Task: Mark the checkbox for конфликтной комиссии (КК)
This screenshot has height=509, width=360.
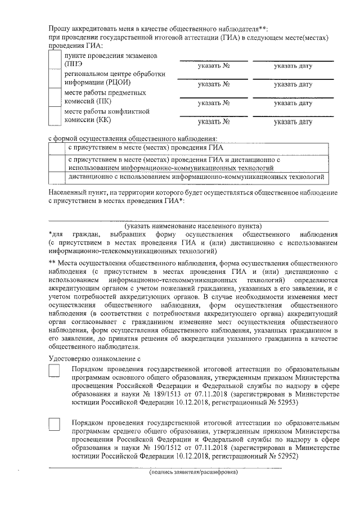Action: pyautogui.click(x=55, y=115)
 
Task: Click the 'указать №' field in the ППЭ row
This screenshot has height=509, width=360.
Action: pyautogui.click(x=213, y=66)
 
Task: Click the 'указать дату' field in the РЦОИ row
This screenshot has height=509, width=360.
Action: pyautogui.click(x=293, y=85)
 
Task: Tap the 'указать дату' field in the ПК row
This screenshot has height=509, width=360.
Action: pyautogui.click(x=293, y=103)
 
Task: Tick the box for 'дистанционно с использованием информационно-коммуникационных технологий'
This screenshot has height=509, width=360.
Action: pyautogui.click(x=55, y=177)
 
